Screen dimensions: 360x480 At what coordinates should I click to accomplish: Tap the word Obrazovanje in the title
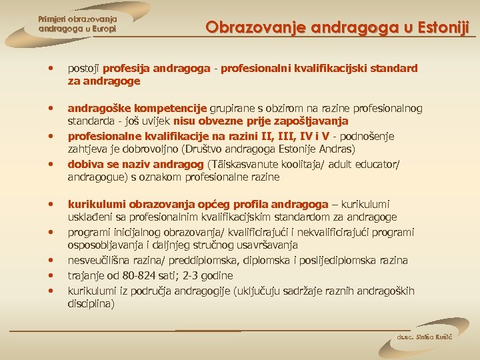pyautogui.click(x=247, y=27)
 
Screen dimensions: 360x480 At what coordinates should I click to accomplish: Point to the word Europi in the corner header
pyautogui.click(x=102, y=29)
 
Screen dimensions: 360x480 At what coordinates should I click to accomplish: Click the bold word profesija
pyautogui.click(x=126, y=68)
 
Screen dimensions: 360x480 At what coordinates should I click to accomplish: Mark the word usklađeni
pyautogui.click(x=91, y=217)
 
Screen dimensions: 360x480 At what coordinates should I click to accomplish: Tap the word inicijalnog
pyautogui.click(x=133, y=232)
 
